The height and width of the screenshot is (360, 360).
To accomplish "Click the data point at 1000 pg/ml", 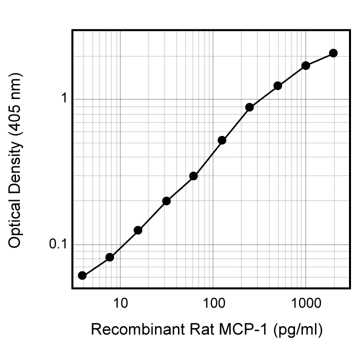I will [305, 65].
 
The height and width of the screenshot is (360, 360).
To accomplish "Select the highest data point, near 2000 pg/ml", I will [333, 53].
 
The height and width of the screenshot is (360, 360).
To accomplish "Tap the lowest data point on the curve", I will [82, 275].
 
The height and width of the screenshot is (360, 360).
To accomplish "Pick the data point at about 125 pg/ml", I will [222, 140].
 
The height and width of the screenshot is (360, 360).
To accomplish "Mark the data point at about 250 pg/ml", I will [249, 107].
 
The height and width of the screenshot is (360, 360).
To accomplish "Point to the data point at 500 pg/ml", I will [278, 86].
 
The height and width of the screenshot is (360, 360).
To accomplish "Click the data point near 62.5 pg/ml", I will [193, 176].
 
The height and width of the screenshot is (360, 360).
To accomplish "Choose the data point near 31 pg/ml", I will [166, 201].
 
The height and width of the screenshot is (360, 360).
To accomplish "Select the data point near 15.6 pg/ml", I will [138, 230].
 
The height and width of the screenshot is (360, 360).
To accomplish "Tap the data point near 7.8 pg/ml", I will [110, 257].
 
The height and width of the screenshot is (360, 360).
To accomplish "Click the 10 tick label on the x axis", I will [119, 303].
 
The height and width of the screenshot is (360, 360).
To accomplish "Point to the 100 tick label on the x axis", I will [213, 303].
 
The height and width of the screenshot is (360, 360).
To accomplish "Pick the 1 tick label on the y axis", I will [64, 98].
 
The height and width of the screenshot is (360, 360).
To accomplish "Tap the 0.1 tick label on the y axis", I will [58, 244].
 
